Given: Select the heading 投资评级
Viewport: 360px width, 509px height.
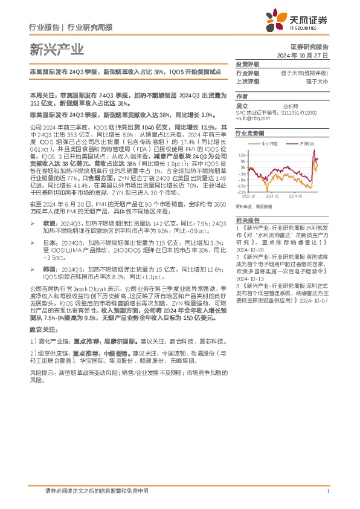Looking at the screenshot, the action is pos(247,64).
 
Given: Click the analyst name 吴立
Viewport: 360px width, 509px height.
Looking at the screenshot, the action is pos(242,105).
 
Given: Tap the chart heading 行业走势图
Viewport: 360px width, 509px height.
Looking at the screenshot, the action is pos(250,132).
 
